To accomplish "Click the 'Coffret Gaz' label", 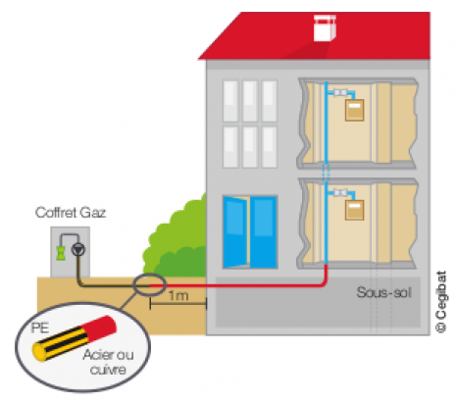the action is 71,213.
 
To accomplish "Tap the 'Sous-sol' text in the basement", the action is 383,292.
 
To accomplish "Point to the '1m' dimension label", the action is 178,295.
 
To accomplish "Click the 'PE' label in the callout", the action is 40,328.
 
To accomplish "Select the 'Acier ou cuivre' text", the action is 108,362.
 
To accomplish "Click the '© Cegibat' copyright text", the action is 441,302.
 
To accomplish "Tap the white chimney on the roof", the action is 325,28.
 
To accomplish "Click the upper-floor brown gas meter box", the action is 354,110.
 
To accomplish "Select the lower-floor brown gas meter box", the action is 354,210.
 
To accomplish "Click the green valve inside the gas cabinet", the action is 61,253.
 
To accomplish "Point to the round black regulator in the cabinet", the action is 78,250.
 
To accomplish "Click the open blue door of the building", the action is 250,232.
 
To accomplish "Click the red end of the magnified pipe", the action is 100,327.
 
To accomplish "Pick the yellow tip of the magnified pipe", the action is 39,352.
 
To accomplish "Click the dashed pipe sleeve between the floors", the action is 326,173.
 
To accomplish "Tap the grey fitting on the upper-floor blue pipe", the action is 340,93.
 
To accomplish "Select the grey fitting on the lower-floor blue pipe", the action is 340,193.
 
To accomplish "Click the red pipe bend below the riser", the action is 324,282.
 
